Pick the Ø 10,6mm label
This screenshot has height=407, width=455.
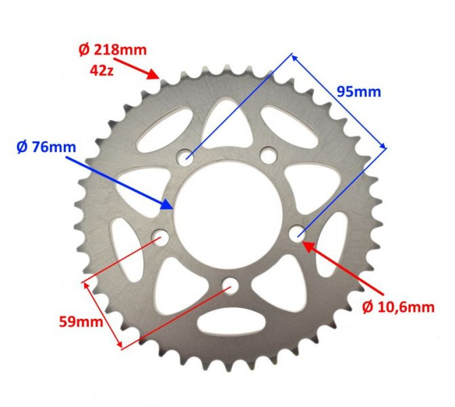tap(397, 307)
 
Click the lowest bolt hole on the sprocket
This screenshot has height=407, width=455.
tap(229, 284)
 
